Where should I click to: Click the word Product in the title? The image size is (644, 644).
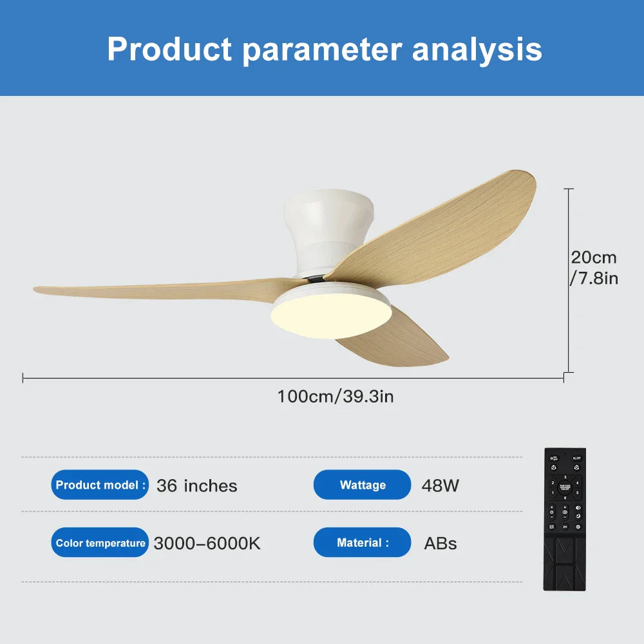point(169,49)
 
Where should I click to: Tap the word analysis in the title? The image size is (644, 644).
point(477,49)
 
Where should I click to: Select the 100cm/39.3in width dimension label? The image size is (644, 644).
point(335,395)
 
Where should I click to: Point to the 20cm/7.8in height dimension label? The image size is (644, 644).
point(594,267)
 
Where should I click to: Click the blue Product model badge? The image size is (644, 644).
point(100,485)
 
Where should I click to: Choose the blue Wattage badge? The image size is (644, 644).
point(362,485)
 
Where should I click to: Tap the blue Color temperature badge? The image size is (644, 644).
point(100,543)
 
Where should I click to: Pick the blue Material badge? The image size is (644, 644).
point(362,543)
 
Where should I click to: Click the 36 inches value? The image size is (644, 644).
point(196,486)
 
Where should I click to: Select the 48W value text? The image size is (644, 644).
point(440,486)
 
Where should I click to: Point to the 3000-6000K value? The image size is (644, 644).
point(207,544)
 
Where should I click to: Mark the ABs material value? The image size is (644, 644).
point(440,544)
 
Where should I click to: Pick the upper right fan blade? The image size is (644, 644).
point(444,225)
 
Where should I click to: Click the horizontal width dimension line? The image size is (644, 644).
point(193,378)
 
